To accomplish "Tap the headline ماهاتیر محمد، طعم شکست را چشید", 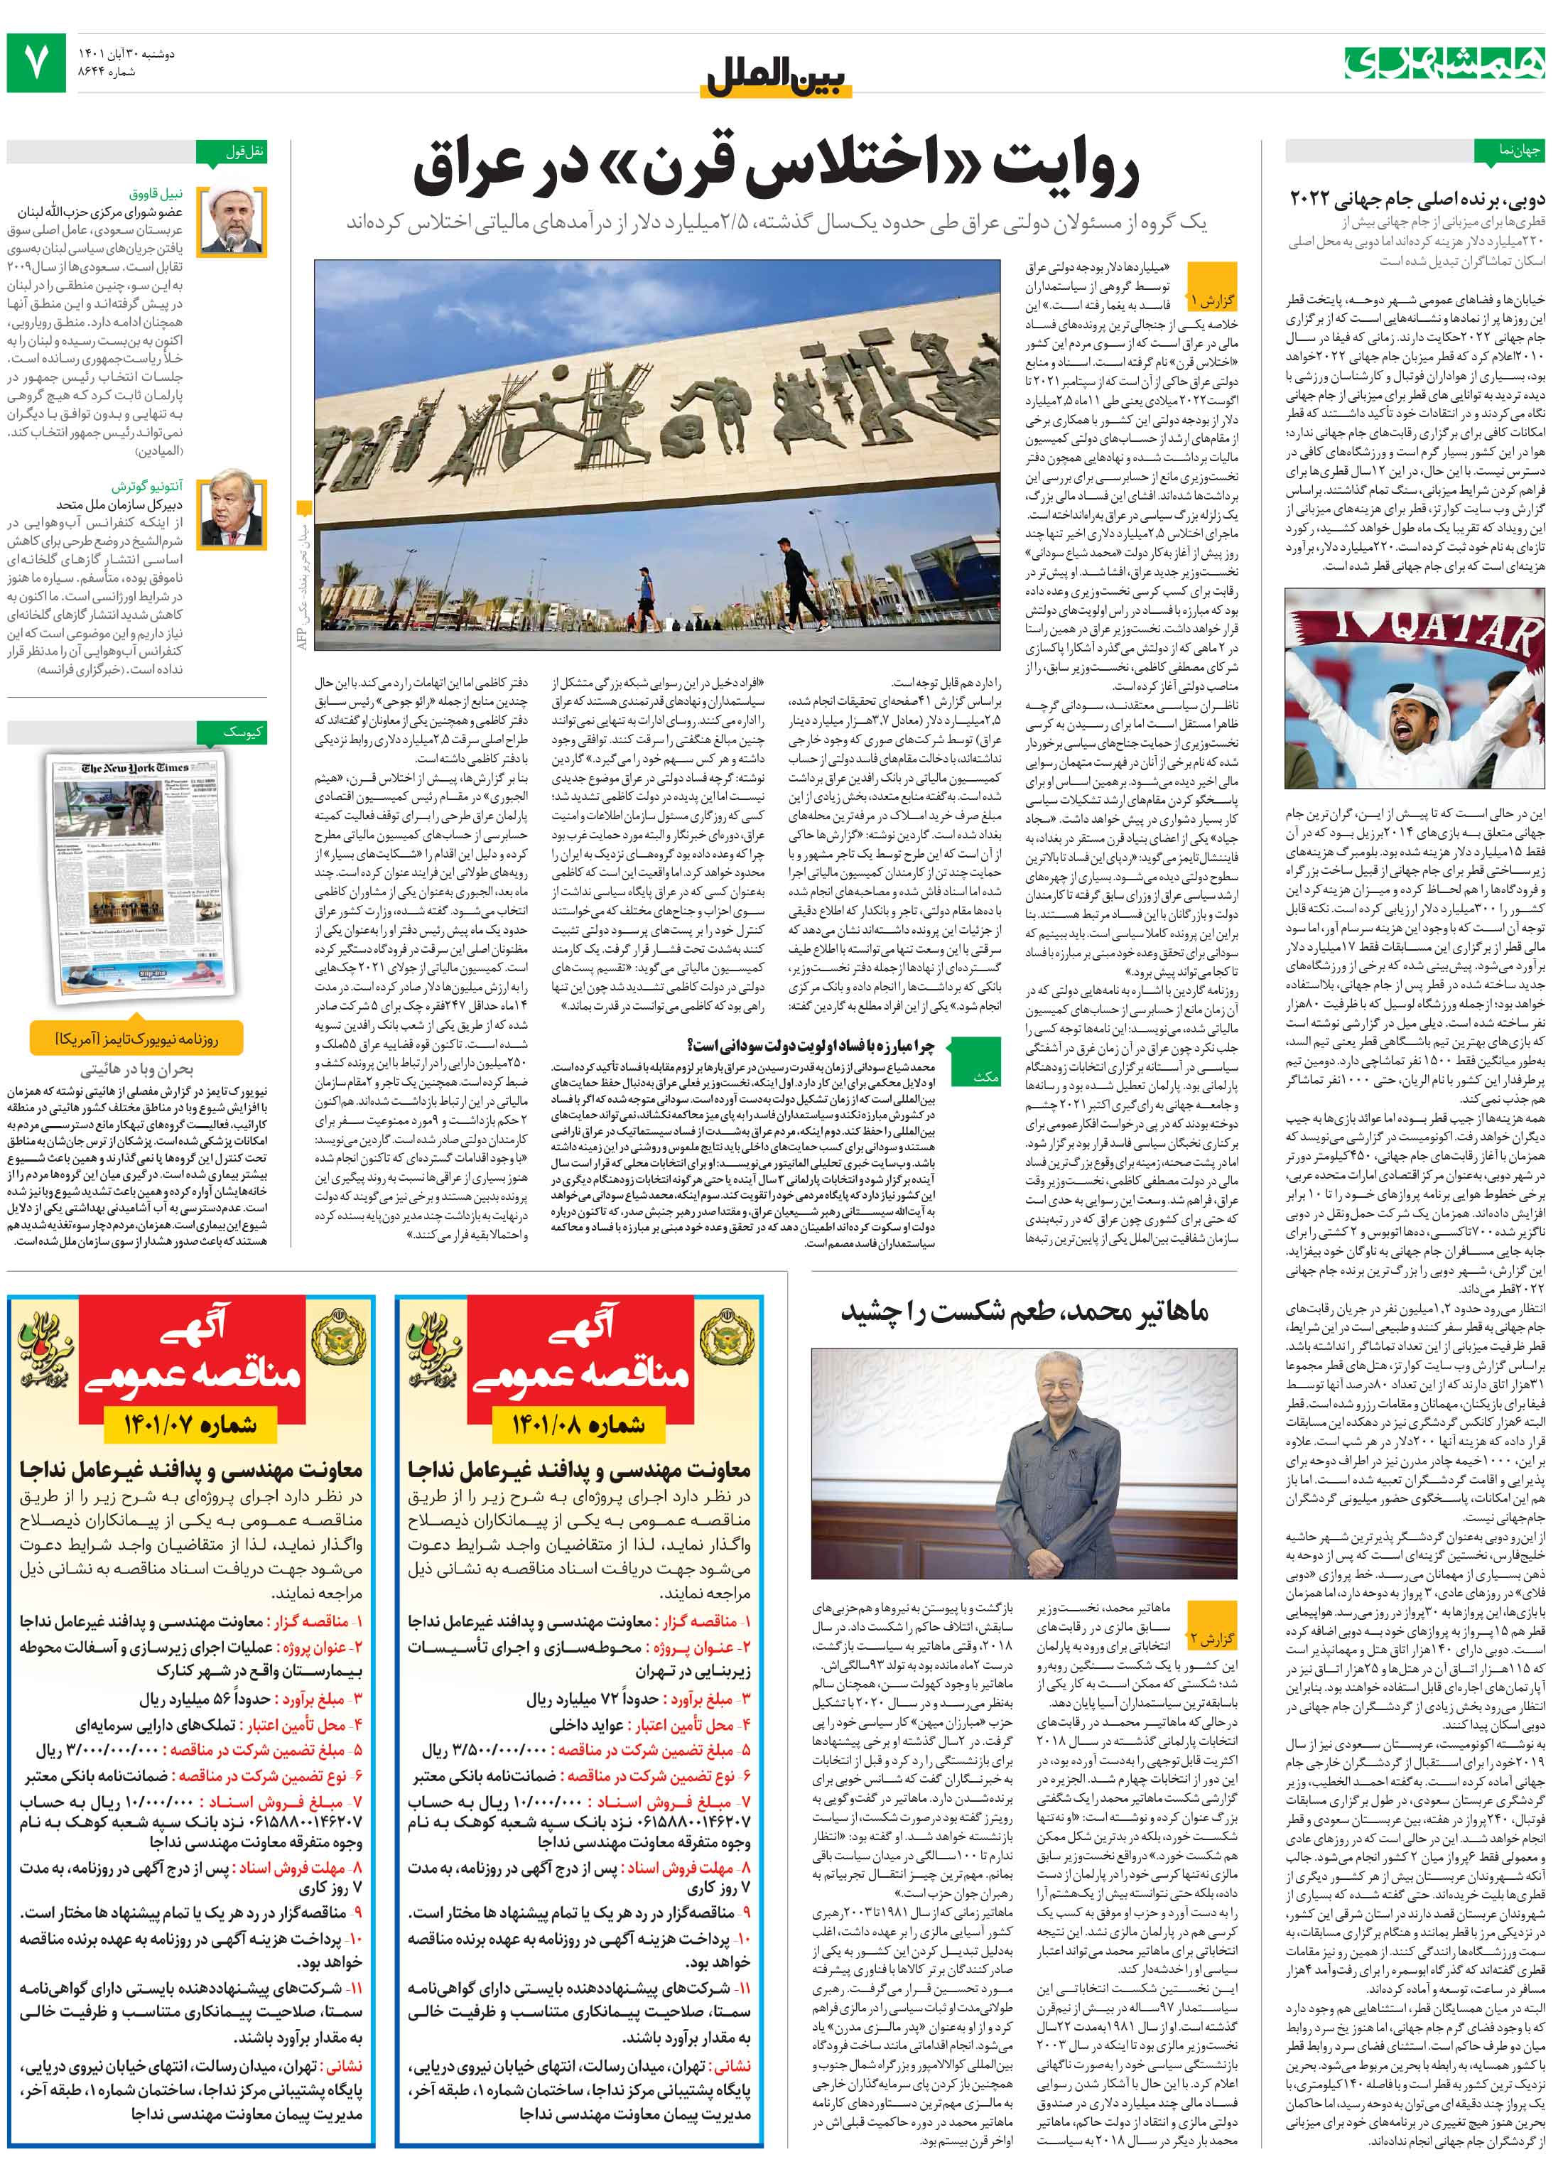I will (x=1024, y=1311).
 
